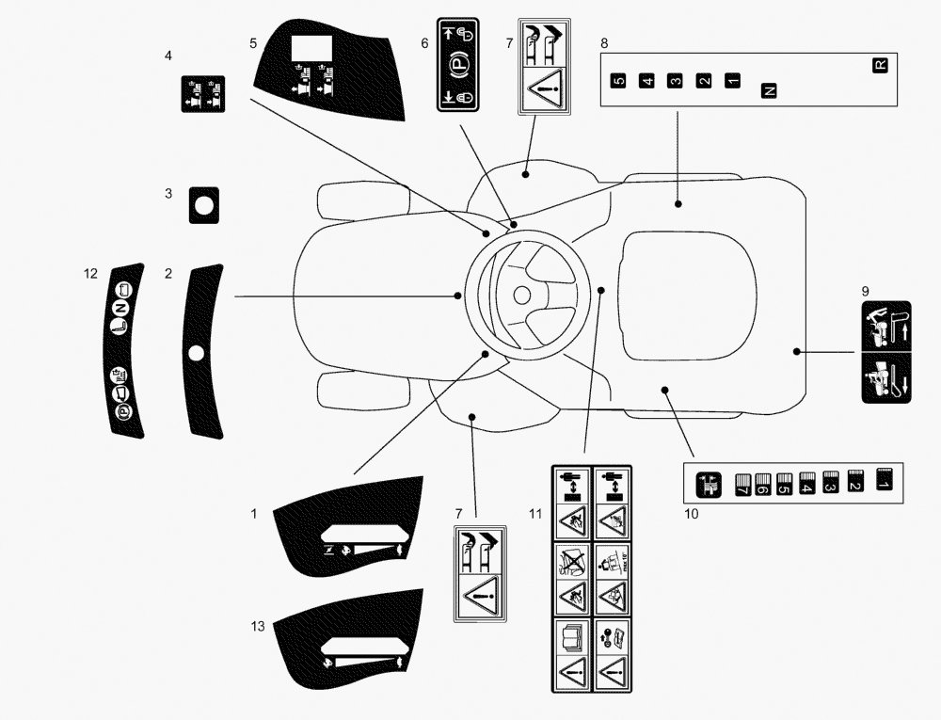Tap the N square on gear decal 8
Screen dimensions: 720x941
(769, 90)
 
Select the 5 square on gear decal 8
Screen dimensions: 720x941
(617, 81)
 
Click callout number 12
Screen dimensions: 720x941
(90, 274)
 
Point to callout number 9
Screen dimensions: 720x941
(865, 291)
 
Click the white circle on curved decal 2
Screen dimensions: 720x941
(196, 353)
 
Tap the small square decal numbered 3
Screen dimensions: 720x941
(203, 203)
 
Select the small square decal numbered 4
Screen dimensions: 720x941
(203, 92)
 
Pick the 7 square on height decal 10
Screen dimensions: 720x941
(741, 486)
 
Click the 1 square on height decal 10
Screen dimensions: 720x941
(883, 481)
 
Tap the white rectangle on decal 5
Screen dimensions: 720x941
(308, 49)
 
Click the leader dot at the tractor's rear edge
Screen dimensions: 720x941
(796, 351)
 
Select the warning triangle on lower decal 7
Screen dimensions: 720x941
(483, 595)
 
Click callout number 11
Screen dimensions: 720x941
(535, 513)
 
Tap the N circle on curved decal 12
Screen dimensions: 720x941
(120, 309)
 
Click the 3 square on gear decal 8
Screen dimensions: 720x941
(675, 81)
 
